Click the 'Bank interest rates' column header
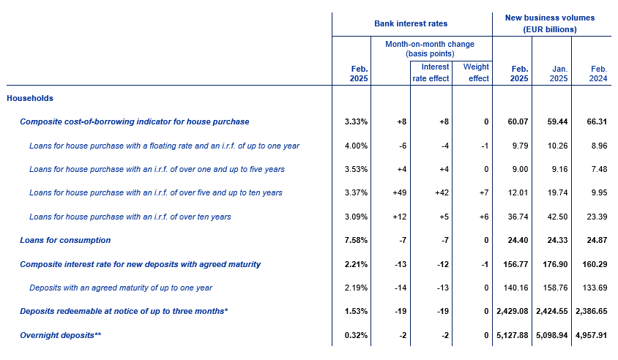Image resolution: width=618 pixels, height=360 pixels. (411, 23)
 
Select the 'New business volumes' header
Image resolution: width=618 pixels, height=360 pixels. (550, 18)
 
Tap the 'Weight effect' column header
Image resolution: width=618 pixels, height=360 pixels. (476, 72)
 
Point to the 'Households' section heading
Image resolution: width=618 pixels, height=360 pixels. (30, 98)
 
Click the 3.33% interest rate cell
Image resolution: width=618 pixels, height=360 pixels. (356, 121)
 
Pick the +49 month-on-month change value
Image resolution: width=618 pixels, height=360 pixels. (400, 192)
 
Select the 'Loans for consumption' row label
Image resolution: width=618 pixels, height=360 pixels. (65, 240)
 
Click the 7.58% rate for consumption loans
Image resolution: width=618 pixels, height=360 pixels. (356, 240)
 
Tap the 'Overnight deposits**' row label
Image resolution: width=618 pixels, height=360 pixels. (61, 335)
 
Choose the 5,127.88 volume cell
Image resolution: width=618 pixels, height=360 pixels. (513, 335)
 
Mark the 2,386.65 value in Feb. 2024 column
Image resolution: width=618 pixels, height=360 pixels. (592, 311)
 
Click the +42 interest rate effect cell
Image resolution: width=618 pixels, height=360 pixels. (442, 192)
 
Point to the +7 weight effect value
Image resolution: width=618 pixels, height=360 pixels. (484, 192)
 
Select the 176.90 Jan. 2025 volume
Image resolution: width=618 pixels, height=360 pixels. (555, 264)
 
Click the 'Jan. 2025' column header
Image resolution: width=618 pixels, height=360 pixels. (559, 74)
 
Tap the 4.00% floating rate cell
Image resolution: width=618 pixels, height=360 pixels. (356, 146)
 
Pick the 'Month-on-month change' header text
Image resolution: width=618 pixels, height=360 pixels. (430, 44)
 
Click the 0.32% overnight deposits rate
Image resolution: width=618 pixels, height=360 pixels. (356, 335)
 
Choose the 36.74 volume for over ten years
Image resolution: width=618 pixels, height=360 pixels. (518, 217)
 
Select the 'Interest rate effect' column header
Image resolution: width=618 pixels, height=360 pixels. (431, 72)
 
